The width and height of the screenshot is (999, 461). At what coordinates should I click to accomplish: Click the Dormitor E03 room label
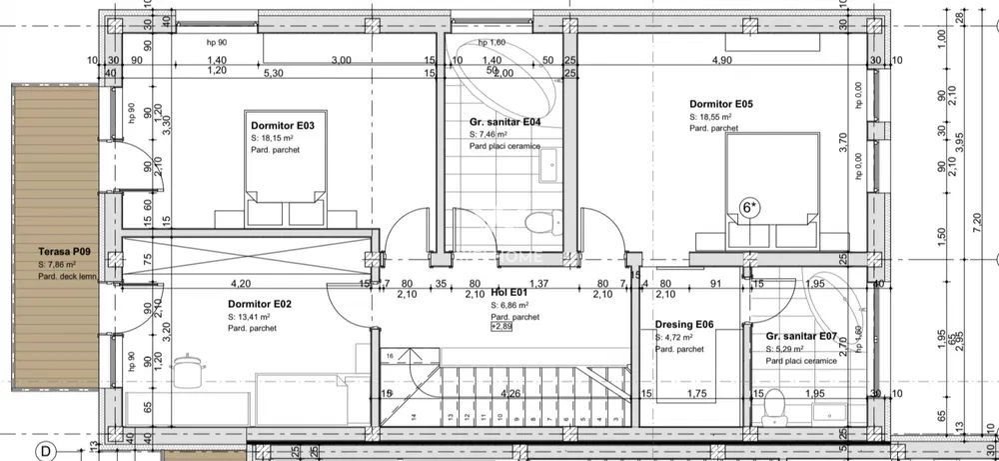283,126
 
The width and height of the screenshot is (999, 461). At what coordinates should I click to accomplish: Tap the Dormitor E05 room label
720,104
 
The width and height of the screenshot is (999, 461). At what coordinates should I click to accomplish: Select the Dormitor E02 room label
259,304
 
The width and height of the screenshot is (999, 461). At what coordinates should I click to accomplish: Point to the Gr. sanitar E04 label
504,122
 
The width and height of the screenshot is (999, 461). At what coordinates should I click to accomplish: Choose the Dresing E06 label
684,325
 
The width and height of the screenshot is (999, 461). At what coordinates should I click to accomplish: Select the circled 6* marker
748,208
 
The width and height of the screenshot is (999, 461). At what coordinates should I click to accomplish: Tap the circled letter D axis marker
44,451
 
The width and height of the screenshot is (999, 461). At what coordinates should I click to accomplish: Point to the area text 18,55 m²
710,116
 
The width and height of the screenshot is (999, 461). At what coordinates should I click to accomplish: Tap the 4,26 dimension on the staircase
510,393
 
